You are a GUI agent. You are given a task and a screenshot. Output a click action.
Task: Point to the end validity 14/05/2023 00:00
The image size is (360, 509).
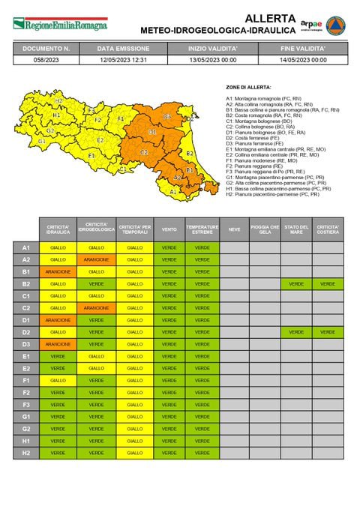[303, 60]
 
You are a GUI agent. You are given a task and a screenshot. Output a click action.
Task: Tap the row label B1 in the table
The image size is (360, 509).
[25, 271]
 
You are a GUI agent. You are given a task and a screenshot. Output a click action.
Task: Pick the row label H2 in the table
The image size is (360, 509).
[25, 453]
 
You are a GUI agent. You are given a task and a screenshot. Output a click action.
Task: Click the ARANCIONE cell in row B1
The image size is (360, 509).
[58, 271]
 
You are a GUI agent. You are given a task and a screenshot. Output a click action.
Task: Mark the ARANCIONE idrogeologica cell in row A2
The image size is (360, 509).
[97, 259]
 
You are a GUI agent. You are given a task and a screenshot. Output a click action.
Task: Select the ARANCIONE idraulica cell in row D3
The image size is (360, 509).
[58, 344]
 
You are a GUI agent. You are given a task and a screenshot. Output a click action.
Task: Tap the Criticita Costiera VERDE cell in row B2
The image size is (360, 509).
[328, 284]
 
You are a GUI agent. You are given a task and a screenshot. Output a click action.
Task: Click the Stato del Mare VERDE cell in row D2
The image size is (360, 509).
[297, 332]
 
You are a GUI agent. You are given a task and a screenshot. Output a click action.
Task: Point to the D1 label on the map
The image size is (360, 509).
[152, 133]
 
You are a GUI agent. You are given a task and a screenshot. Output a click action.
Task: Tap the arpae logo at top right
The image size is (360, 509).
[311, 24]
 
